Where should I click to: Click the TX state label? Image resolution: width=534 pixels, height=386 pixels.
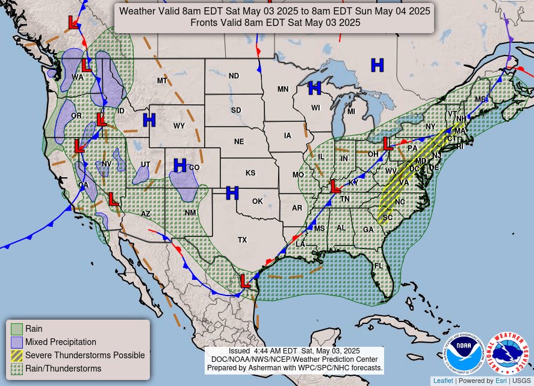coord(242,240)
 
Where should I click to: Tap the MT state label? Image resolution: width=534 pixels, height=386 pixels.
coord(162,81)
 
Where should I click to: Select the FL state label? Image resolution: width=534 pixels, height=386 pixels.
coord(379,266)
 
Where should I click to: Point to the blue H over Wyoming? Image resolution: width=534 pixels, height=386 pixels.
coord(149,120)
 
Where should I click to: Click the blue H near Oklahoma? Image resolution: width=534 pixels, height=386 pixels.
coord(232,193)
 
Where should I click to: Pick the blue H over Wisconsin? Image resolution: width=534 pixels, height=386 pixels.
coord(314,89)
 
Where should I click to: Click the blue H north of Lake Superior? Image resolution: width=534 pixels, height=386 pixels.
coord(377,65)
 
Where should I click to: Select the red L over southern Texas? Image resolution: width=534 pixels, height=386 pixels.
coord(245,281)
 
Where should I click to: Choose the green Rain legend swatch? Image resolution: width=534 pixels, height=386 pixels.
coord(17,329)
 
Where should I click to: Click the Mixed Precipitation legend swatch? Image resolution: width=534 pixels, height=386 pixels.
coord(17,342)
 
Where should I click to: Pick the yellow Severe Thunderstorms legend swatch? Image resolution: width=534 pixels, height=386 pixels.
coord(17,355)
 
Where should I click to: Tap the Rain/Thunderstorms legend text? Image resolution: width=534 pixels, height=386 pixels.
coord(63,369)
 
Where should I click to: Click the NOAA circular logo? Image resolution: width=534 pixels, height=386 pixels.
coord(465,353)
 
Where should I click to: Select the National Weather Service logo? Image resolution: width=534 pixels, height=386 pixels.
coord(507,353)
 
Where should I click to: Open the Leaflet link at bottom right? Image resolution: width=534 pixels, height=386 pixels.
coord(442,381)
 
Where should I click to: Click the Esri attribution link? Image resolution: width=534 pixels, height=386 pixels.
coord(501,381)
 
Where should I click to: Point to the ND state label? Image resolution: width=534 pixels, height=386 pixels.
coord(234,76)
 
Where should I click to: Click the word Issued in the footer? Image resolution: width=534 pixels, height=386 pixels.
coord(242,351)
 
